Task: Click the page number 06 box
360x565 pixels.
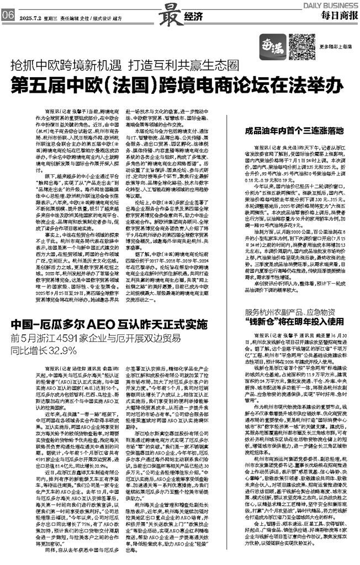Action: click(x=8, y=16)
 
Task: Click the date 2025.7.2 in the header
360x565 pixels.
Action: click(x=30, y=17)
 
